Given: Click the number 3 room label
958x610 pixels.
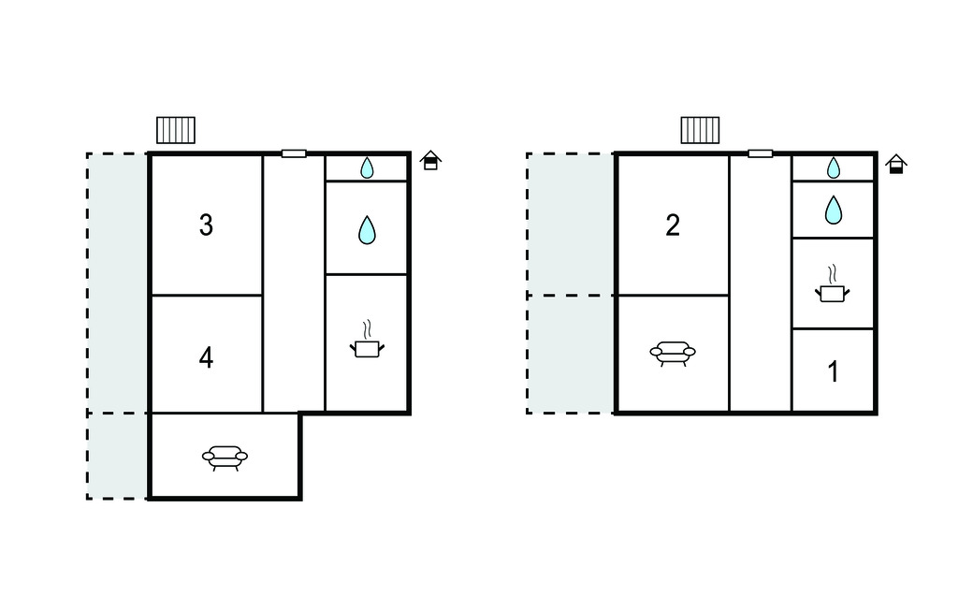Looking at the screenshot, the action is pos(206,225).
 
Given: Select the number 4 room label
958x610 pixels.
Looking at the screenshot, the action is pos(206,357).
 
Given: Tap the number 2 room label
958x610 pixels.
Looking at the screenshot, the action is pos(672,225).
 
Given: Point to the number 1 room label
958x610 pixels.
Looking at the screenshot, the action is pos(833,371).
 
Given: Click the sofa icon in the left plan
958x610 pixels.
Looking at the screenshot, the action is pos(225,457).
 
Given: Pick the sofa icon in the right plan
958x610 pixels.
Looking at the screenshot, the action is pos(672,353).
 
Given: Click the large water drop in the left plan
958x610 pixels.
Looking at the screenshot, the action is pos(367,230).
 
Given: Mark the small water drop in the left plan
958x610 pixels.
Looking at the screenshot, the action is pos(367,167).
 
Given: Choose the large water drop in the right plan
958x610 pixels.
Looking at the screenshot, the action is pos(834,210).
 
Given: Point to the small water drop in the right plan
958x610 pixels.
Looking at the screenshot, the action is pos(834,167).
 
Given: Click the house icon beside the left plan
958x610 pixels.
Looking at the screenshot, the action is pos(430,160).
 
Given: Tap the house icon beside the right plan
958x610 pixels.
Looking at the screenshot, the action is pos(896,164).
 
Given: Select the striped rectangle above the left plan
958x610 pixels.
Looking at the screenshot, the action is pos(176,130).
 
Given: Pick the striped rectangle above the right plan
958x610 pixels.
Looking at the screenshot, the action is pos(700,130).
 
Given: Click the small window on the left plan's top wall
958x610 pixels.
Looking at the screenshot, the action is pos(294,153).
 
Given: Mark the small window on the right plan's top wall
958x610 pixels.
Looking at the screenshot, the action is pos(761,153).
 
